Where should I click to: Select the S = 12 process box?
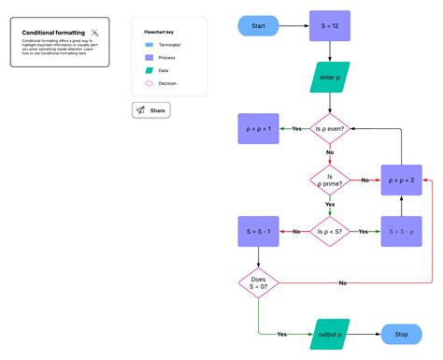[x=329, y=26]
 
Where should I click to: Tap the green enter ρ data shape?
[x=329, y=78]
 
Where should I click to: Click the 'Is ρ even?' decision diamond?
[x=329, y=128]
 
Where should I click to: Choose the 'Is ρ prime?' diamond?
[x=329, y=179]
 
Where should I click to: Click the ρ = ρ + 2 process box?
[x=402, y=179]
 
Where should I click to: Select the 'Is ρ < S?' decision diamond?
[x=329, y=230]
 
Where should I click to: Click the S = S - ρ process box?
[x=402, y=230]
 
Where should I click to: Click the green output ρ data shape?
[x=329, y=334]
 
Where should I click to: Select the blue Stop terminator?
[x=402, y=334]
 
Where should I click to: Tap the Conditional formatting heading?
[x=50, y=33]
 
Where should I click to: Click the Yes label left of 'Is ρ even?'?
[x=296, y=128]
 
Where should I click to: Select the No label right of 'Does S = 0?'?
[x=343, y=282]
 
